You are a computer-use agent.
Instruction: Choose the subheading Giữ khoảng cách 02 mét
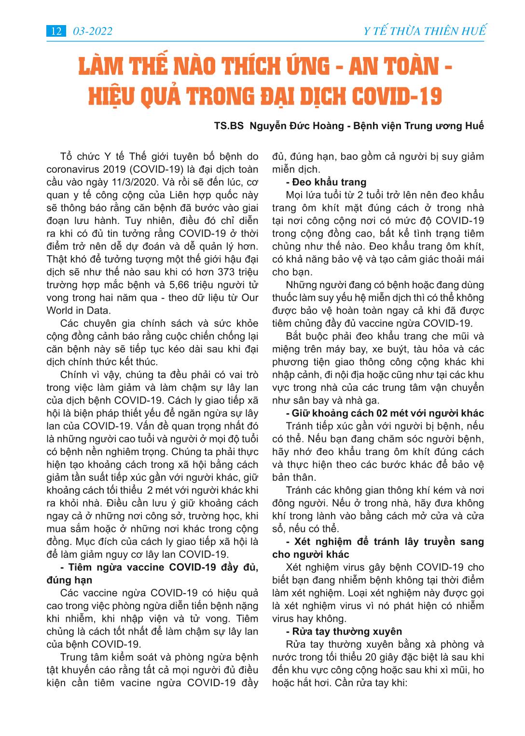point(385,413)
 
